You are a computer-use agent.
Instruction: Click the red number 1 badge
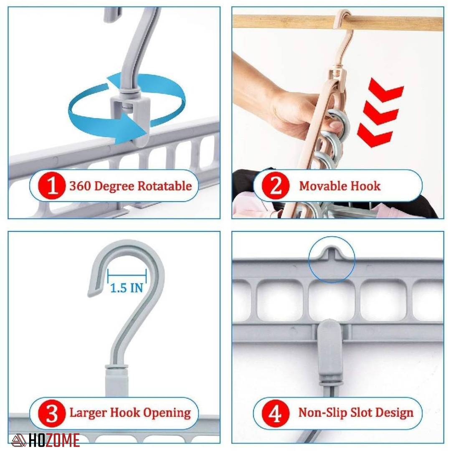coord(51,186)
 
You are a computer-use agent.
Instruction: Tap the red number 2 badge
coord(276,186)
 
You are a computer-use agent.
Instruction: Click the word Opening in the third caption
coord(167,413)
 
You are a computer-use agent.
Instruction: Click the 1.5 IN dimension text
coord(127,287)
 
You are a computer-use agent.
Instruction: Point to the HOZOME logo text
coord(53,440)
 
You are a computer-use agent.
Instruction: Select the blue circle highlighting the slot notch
coord(332,259)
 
